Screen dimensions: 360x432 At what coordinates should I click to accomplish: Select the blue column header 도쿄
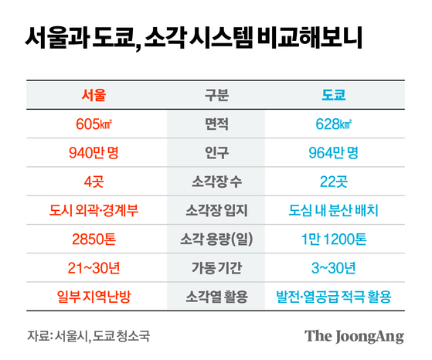[x=334, y=96]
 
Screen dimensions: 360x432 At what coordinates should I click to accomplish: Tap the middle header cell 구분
[x=216, y=96]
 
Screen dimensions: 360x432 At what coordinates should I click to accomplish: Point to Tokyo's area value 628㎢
[x=334, y=124]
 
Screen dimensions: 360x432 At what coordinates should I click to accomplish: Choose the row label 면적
[x=216, y=124]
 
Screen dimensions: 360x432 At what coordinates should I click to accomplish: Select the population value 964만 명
[x=334, y=153]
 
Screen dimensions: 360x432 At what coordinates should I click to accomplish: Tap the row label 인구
[x=216, y=153]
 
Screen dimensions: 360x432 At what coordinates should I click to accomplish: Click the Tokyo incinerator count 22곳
[x=334, y=182]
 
